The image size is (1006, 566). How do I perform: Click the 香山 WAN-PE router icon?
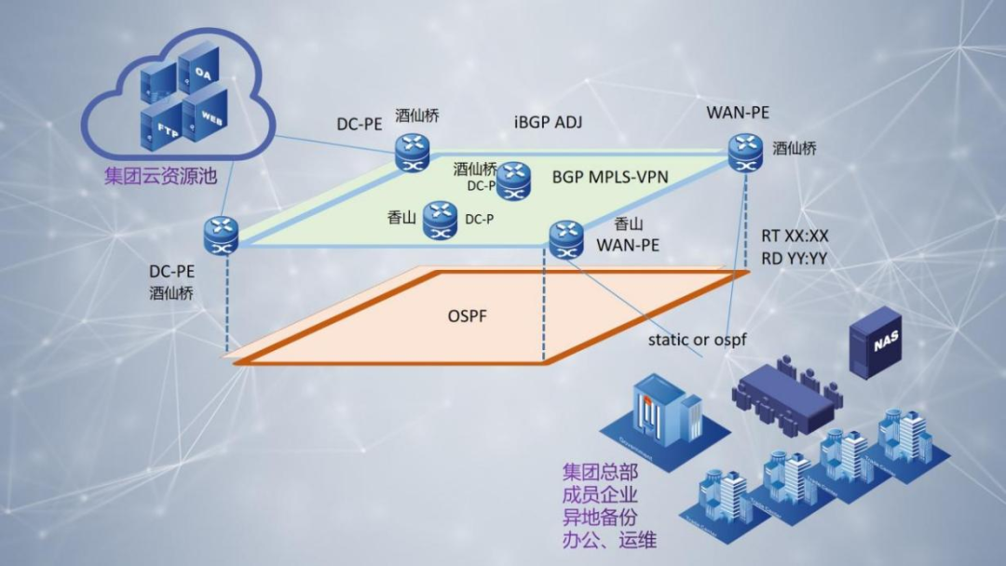(565, 237)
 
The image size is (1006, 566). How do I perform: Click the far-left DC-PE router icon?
(222, 233)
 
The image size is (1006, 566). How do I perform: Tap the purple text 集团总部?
(599, 472)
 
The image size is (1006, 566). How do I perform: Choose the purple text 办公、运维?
(610, 539)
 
